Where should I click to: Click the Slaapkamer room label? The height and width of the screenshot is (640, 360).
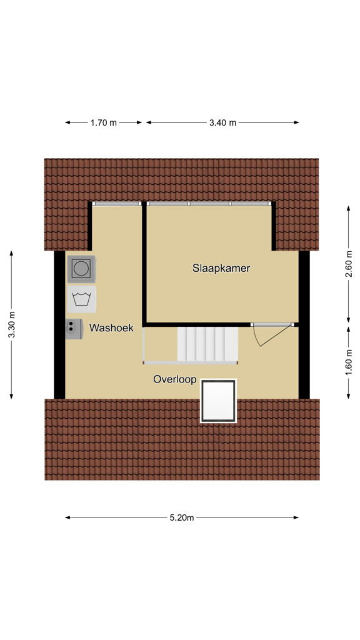click(x=221, y=268)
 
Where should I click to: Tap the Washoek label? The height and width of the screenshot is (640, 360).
click(x=111, y=327)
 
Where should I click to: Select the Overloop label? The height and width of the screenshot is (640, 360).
click(x=175, y=379)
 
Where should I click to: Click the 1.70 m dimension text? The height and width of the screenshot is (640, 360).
click(x=104, y=122)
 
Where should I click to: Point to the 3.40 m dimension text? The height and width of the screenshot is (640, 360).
click(x=223, y=122)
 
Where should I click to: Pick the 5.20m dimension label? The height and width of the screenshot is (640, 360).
click(x=182, y=517)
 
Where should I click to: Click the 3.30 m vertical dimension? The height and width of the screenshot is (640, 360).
click(x=11, y=324)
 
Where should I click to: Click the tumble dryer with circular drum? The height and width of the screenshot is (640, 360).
click(x=82, y=269)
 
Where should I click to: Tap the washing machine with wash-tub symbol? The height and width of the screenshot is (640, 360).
click(x=82, y=299)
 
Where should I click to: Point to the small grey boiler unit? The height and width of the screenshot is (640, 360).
click(x=74, y=329)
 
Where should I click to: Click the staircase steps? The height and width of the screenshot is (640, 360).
click(x=207, y=344)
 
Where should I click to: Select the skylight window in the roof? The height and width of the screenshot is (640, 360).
click(x=218, y=401)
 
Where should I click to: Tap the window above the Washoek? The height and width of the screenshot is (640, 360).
click(x=117, y=203)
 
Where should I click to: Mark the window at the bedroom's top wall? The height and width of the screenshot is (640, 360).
click(x=209, y=203)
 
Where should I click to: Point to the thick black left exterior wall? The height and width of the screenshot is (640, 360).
click(x=59, y=324)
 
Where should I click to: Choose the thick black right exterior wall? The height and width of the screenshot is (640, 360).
click(x=304, y=324)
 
